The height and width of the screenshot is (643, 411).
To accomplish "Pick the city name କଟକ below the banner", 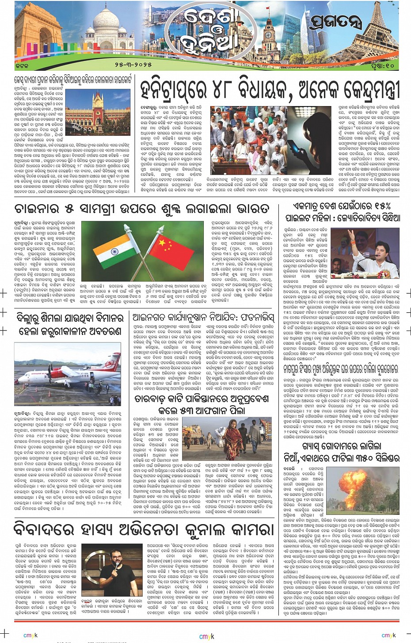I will click(22, 65).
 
